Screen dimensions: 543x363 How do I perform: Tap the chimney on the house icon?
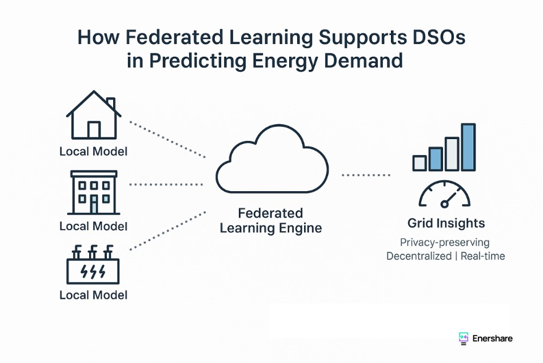[111, 104]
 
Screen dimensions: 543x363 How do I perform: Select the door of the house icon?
[94, 130]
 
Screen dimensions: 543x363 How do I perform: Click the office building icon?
[94, 192]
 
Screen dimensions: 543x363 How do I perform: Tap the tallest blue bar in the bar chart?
[468, 147]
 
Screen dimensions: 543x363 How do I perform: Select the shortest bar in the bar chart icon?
[420, 163]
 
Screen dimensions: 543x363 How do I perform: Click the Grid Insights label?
[446, 223]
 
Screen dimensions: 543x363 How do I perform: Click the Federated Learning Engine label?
[271, 220]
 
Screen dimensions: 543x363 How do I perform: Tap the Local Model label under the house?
[94, 151]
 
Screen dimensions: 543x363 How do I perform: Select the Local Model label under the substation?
[94, 295]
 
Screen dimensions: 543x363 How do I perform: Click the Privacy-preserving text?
[445, 243]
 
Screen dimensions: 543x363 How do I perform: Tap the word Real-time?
[483, 256]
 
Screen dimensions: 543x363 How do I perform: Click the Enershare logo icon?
[464, 338]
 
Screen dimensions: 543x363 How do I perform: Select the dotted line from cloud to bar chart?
[366, 175]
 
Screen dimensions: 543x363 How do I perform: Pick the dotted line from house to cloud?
[167, 140]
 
